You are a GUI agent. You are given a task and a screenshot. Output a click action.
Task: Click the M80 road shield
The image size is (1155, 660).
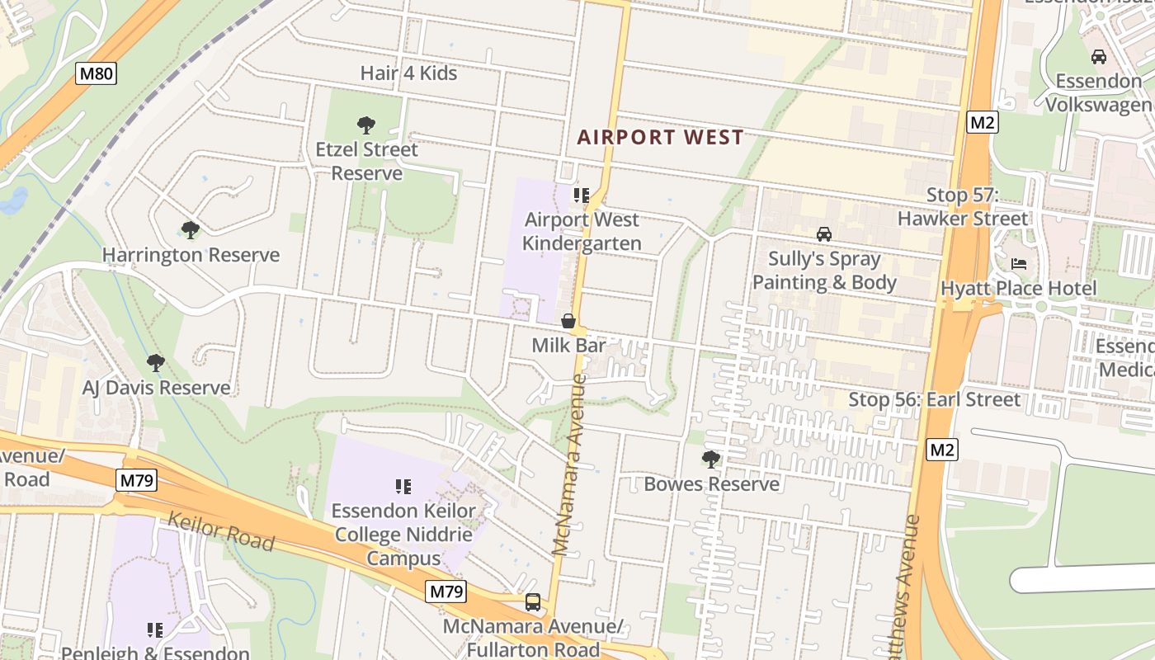point(97,73)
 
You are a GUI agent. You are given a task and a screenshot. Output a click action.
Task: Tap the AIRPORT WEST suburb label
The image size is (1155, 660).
point(660,137)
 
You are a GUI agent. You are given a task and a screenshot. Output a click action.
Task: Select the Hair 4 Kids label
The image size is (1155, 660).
point(408,73)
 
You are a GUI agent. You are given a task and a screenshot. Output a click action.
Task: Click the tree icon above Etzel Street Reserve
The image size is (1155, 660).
point(366,125)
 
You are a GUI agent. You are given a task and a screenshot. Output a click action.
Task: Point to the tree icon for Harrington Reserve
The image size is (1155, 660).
point(191,230)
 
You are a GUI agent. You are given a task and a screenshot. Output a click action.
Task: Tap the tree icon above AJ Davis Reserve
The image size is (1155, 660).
point(156,363)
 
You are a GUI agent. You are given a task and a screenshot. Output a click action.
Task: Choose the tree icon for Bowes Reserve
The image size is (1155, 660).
point(710,460)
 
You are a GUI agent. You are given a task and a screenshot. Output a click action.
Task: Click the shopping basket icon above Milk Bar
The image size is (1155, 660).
point(568,321)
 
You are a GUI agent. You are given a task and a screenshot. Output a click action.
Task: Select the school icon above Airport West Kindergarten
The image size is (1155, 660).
point(582,196)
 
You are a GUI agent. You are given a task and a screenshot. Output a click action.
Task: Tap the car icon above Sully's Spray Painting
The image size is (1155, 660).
point(823,234)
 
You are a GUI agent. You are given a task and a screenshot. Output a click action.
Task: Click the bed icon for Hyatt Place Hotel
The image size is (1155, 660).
point(1019,264)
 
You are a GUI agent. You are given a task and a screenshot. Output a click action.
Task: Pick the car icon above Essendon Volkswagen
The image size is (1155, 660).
point(1098,57)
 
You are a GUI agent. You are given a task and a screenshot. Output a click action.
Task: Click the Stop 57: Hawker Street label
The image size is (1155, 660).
point(963,207)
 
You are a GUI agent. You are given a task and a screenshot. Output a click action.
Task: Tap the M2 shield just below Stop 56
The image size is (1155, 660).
point(941,450)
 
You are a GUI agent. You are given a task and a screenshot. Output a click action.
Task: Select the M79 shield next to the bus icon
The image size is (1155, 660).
point(446,592)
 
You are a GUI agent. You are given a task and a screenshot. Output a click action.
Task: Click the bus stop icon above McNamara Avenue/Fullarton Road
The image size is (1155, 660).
point(533,602)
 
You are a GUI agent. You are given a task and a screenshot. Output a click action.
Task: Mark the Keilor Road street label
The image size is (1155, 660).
point(220,530)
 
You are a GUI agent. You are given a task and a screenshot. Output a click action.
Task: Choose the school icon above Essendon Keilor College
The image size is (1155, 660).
point(403,487)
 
